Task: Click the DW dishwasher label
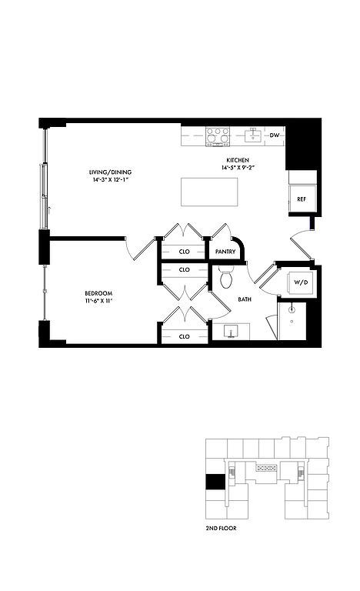[x=275, y=135]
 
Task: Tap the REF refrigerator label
[x=302, y=199]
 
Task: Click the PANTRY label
[x=225, y=252]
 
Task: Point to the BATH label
[x=245, y=299]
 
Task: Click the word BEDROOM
[x=98, y=293]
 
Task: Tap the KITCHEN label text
[x=238, y=160]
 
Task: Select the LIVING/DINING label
[x=110, y=172]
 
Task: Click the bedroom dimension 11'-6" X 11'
[x=98, y=301]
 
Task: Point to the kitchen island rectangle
[x=209, y=192]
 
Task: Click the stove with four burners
[x=218, y=136]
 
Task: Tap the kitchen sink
[x=252, y=135]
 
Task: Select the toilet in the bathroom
[x=227, y=277]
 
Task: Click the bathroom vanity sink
[x=231, y=332]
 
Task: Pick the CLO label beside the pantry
[x=185, y=252]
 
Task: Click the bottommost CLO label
[x=185, y=336]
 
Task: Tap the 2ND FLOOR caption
[x=222, y=529]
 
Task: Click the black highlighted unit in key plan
[x=215, y=482]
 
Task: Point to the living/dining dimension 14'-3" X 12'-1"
[x=111, y=180]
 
